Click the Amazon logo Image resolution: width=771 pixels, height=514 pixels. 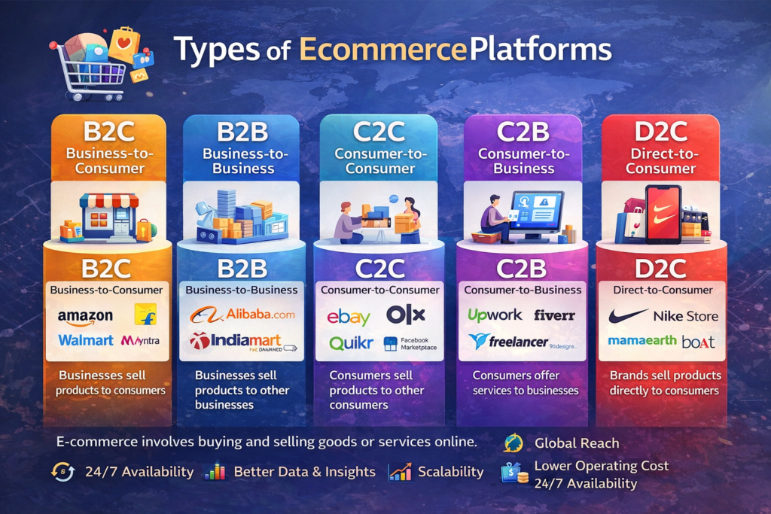click(x=85, y=318)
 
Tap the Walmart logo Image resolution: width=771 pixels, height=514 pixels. click(x=85, y=340)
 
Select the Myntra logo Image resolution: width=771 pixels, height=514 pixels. click(x=140, y=341)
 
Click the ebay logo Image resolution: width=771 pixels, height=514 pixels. click(x=349, y=317)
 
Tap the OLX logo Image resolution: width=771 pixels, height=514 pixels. click(x=405, y=315)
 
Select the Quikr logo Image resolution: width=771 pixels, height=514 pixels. click(x=351, y=343)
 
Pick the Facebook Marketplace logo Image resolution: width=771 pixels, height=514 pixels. click(x=410, y=344)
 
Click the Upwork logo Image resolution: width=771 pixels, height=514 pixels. click(x=494, y=315)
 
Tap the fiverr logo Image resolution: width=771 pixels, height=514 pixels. click(x=554, y=315)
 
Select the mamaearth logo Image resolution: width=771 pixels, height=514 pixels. click(x=641, y=341)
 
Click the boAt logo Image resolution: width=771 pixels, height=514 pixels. click(x=698, y=342)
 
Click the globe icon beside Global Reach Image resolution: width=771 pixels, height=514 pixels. click(x=513, y=443)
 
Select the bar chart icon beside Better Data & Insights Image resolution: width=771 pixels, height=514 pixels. click(x=215, y=472)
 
